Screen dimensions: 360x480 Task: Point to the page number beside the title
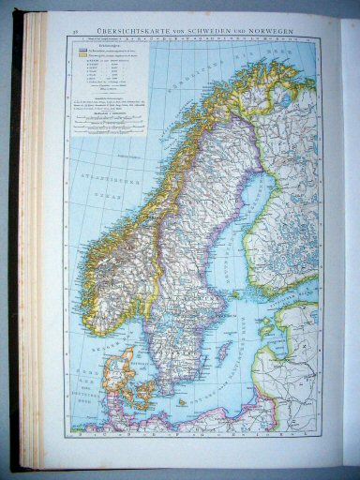(x=74, y=35)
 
